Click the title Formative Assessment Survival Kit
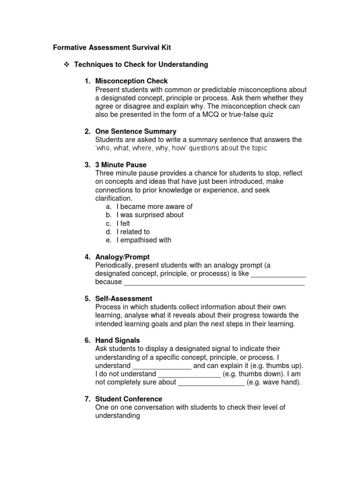tap(108, 47)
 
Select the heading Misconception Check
tap(131, 81)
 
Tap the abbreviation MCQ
tap(210, 114)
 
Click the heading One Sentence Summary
tap(135, 131)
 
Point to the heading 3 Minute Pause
tap(120, 165)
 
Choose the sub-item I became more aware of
tap(154, 206)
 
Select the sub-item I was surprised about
tap(150, 215)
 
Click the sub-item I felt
tap(123, 224)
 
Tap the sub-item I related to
tap(133, 232)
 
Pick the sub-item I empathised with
tap(144, 240)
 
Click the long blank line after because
tap(214, 282)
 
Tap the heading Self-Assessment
tap(123, 299)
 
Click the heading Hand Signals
tap(117, 340)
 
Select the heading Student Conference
tap(128, 399)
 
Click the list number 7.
tap(87, 399)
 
